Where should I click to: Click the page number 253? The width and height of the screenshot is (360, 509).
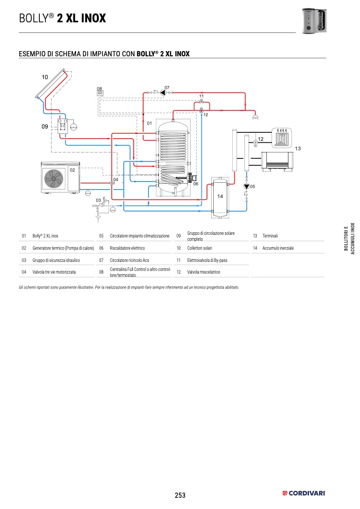[180, 495]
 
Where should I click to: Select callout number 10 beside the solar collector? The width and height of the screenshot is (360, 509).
[45, 78]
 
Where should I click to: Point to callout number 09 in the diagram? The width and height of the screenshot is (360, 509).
[45, 127]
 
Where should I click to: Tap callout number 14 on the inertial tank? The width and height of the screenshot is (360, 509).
[220, 197]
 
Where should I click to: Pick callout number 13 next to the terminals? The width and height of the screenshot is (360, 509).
[298, 148]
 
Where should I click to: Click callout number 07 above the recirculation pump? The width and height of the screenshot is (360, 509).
[166, 87]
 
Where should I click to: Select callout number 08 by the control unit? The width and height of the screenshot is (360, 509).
[99, 88]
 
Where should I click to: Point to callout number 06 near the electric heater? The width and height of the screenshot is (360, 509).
[196, 184]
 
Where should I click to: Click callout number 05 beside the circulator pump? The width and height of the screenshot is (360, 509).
[253, 186]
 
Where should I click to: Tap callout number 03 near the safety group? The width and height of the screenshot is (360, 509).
[98, 200]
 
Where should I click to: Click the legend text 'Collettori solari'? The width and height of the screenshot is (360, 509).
[199, 248]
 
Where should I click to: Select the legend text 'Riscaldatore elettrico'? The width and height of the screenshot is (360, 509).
[127, 248]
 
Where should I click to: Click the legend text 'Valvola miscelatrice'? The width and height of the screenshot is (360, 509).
[204, 272]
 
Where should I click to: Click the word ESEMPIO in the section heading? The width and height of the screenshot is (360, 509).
[35, 54]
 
